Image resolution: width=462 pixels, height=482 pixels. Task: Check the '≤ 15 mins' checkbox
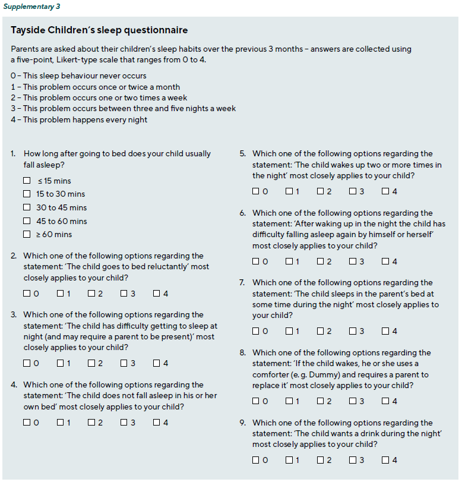point(27,181)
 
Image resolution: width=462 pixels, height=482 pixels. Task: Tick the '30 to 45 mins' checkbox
point(27,207)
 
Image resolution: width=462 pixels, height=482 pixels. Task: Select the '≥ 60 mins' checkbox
point(27,234)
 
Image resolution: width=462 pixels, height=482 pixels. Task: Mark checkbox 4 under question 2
point(156,294)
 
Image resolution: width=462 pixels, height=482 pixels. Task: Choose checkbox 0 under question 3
point(27,363)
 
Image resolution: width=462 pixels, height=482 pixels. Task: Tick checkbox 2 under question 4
point(91,423)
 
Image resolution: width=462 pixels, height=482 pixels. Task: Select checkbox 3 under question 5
point(353,191)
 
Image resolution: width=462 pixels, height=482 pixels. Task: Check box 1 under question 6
point(289,262)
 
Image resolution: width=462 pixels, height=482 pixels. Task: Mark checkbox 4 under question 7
point(385,331)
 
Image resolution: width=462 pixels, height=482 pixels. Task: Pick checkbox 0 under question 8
point(256,401)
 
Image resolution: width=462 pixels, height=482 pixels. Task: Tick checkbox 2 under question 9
point(321,460)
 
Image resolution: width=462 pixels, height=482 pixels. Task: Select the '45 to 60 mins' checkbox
point(27,221)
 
